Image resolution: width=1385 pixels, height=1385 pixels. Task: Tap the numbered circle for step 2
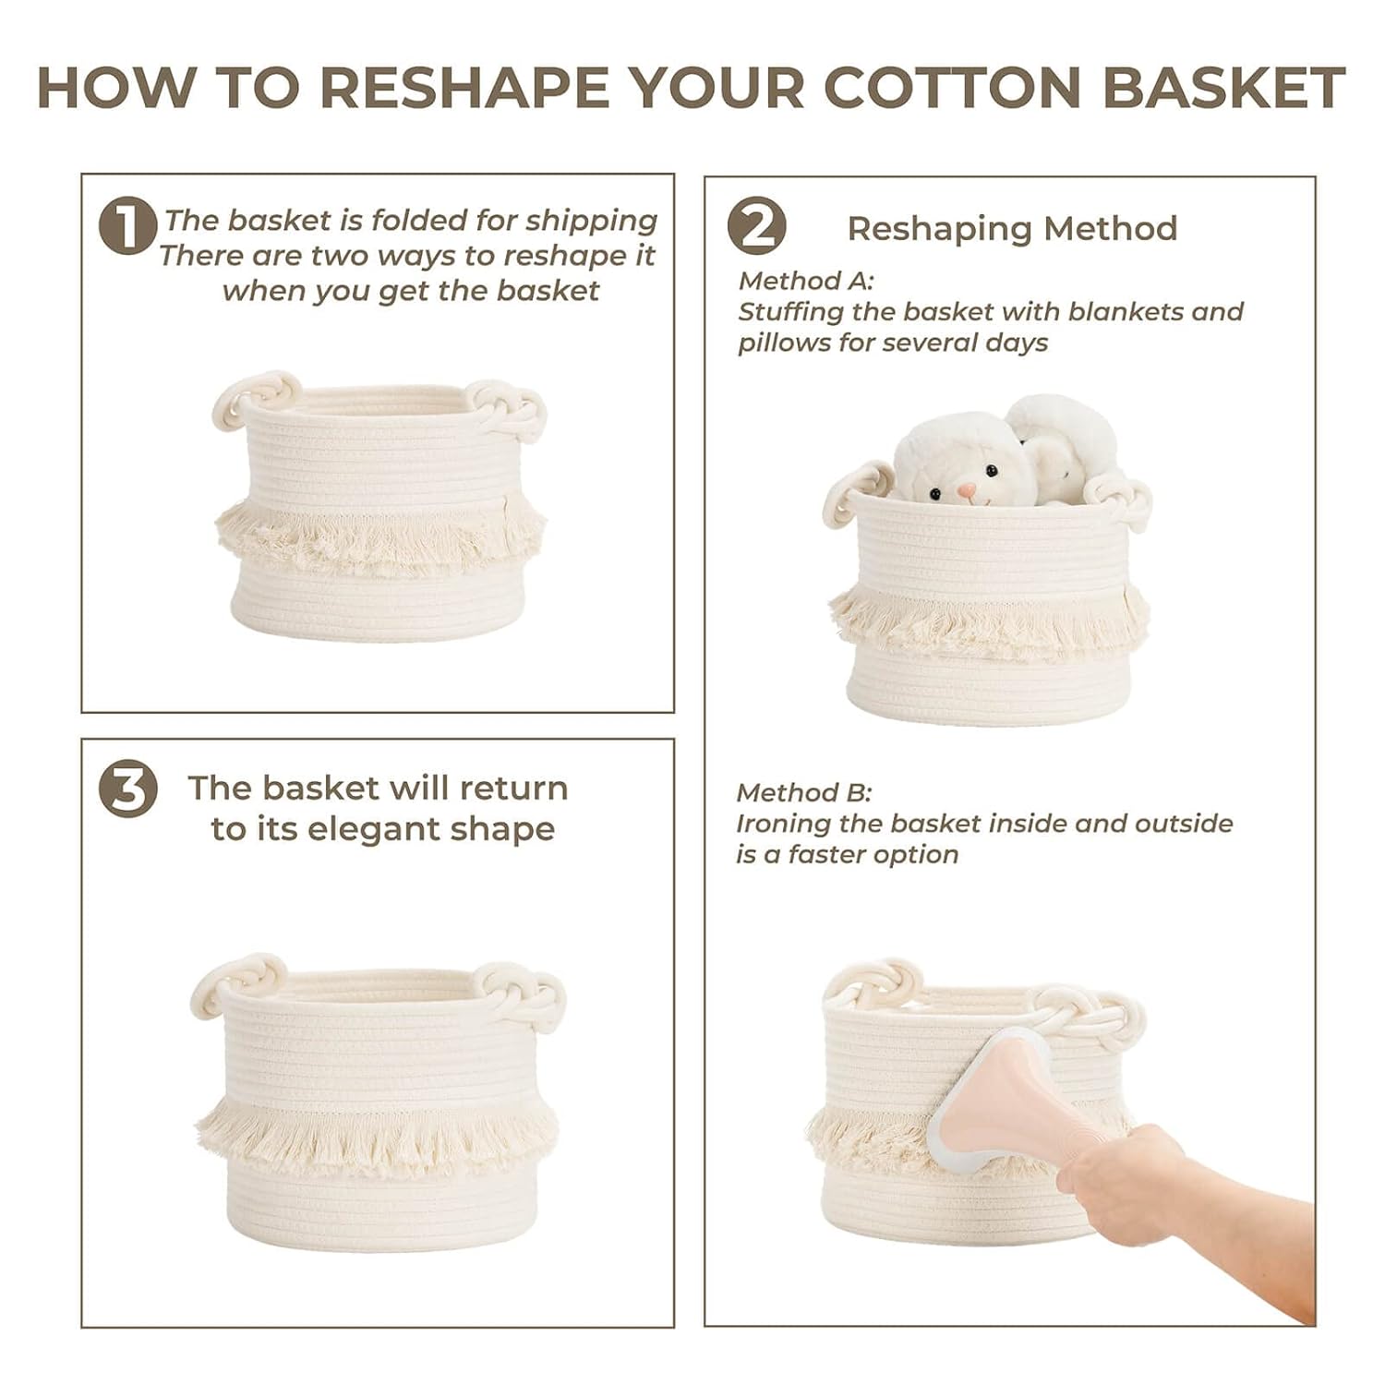tap(756, 226)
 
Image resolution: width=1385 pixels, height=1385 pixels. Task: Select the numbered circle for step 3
tap(127, 789)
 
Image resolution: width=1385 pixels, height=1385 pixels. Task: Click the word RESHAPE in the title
tap(464, 88)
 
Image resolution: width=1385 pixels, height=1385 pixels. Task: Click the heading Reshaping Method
tap(1012, 228)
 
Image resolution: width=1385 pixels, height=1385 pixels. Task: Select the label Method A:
tap(805, 280)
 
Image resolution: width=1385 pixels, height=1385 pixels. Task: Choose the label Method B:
tap(803, 792)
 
